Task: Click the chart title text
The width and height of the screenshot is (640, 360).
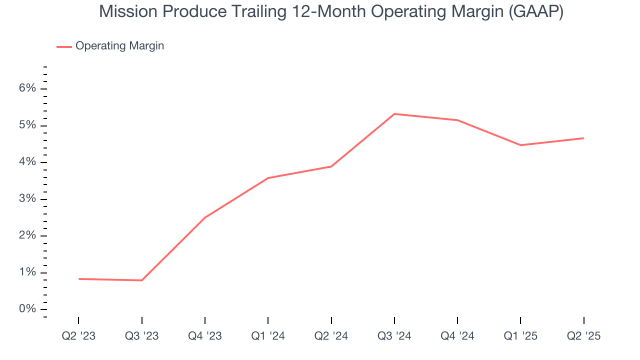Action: [331, 11]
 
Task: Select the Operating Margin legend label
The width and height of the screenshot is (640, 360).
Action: [119, 46]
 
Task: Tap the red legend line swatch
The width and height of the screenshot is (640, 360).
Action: [64, 46]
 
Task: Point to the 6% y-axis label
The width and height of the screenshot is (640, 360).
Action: [28, 88]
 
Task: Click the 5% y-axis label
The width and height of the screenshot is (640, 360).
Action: [28, 125]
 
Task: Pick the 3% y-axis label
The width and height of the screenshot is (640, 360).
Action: [28, 199]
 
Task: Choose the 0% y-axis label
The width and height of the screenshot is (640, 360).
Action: [28, 309]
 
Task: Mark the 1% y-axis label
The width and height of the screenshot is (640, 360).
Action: [28, 272]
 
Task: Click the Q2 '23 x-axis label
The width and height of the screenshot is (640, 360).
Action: [78, 336]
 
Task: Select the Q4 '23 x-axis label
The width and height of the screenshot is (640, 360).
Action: [205, 336]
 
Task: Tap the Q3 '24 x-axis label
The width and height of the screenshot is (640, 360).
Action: [394, 336]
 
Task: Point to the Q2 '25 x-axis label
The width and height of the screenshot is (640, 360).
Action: [584, 336]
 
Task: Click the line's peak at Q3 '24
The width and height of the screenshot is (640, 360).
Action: [394, 114]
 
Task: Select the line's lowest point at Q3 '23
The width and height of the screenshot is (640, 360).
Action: [142, 280]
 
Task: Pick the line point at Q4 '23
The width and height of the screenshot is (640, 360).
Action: [205, 217]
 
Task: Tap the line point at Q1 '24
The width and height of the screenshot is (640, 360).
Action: [268, 178]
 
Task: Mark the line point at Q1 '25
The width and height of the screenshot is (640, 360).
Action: [521, 145]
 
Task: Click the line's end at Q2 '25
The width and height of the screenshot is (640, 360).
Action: [583, 138]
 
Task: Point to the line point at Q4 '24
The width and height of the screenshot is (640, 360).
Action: [457, 120]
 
